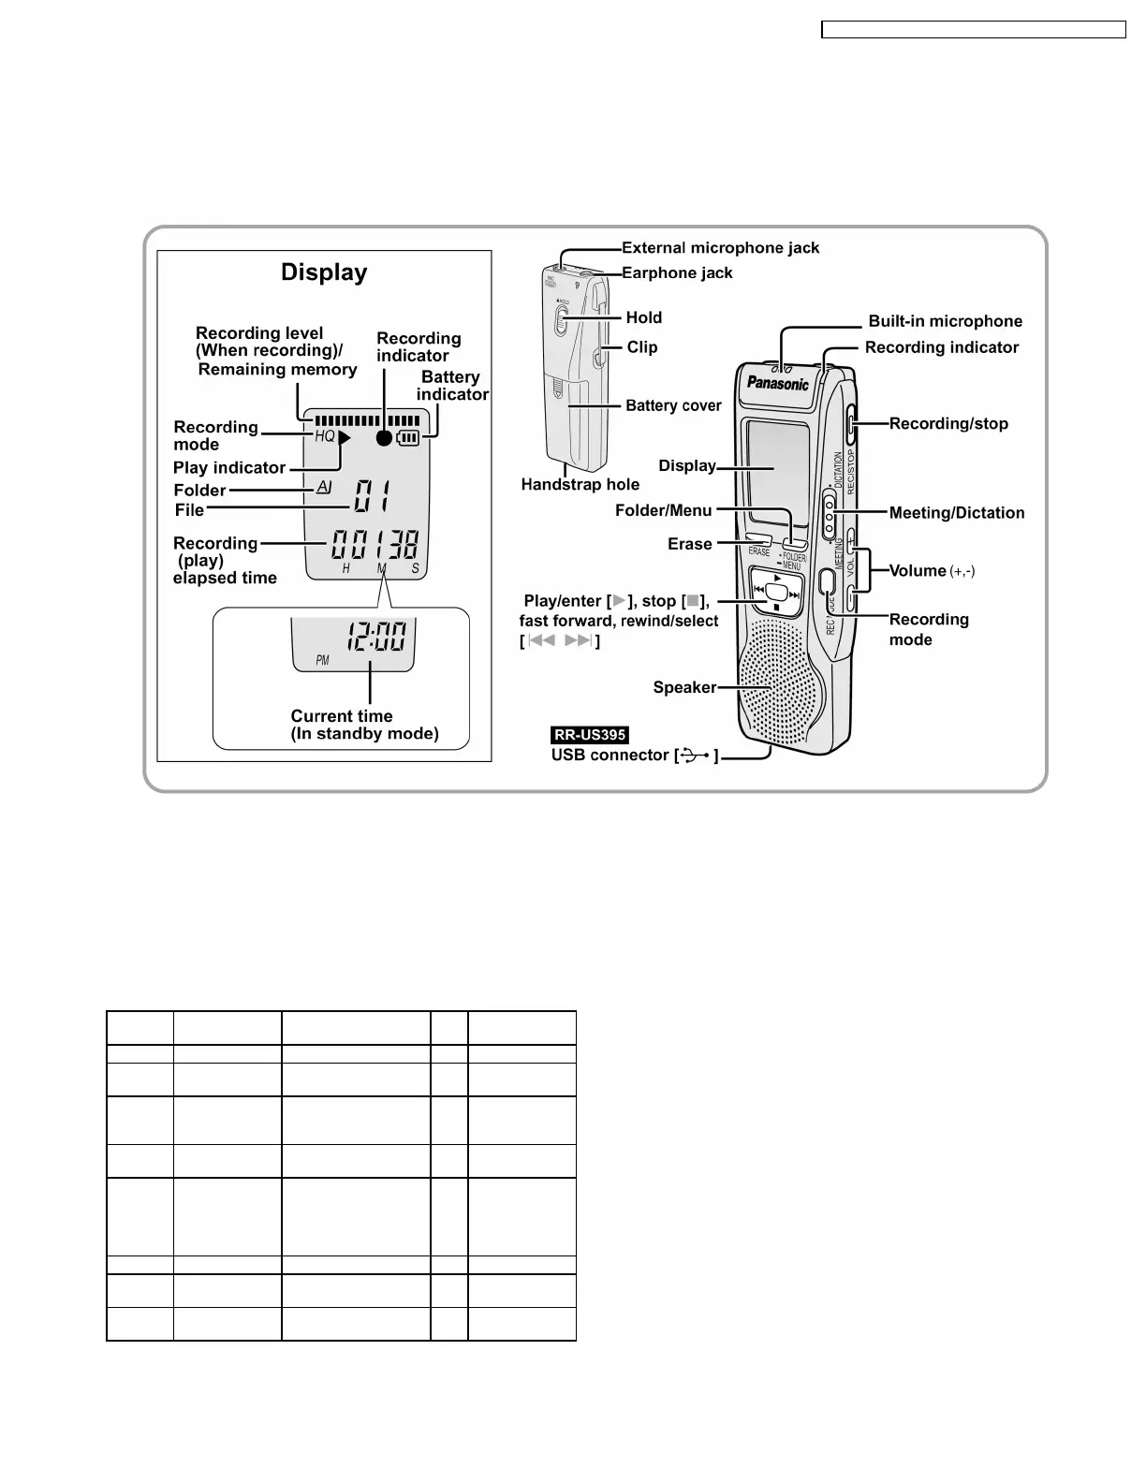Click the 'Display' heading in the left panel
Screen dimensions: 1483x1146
point(324,272)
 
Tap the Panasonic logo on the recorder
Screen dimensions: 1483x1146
point(777,383)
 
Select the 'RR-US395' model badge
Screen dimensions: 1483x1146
point(590,735)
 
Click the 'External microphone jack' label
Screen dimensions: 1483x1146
point(720,248)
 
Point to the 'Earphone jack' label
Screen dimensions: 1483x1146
point(677,273)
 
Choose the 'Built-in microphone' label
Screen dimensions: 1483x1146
point(945,321)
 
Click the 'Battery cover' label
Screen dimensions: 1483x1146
point(673,405)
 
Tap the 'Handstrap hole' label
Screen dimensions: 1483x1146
point(580,484)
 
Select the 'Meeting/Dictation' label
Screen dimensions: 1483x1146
point(956,513)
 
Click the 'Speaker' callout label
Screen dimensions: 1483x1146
point(684,687)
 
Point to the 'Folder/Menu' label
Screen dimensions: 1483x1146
point(663,510)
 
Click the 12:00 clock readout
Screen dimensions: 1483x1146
point(376,639)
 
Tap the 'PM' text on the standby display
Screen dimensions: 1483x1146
point(323,660)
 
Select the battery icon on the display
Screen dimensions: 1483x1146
point(408,437)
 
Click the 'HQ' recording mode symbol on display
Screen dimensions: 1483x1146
point(325,436)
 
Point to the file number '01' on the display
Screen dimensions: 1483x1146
point(372,496)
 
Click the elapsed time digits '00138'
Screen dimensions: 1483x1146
point(373,545)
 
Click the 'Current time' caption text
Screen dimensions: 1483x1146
point(342,716)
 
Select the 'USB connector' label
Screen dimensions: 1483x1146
point(610,756)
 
